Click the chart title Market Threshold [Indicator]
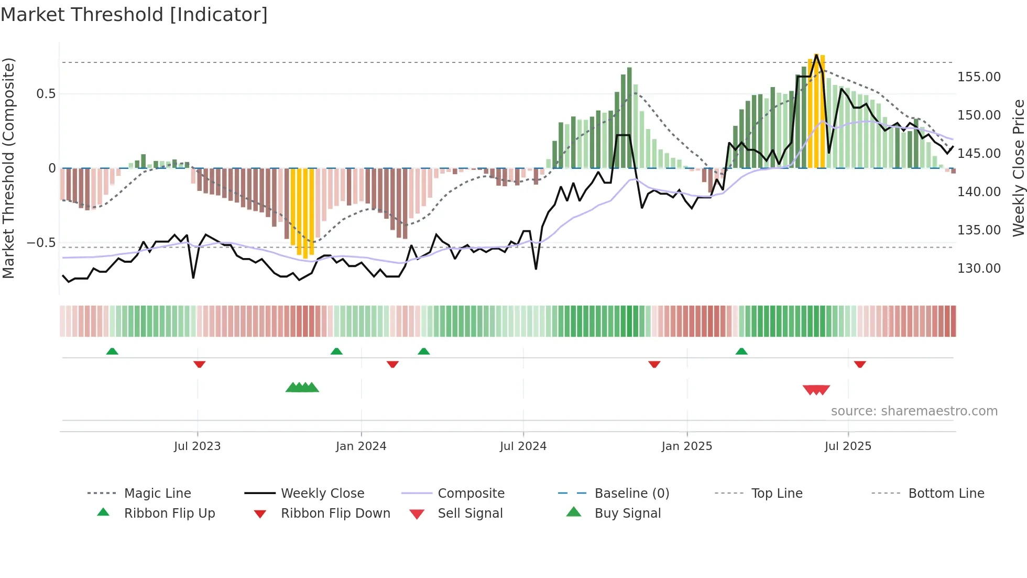click(134, 15)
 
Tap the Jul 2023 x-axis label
click(197, 446)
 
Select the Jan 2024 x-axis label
click(361, 446)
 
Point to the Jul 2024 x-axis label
click(523, 446)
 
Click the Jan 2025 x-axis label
click(686, 446)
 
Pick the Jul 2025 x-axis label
click(848, 446)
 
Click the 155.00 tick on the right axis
click(979, 77)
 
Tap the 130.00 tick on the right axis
click(979, 269)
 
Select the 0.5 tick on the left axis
click(46, 94)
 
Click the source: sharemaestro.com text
click(914, 411)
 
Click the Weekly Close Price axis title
click(1018, 168)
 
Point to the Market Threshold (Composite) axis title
click(8, 168)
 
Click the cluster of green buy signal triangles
click(302, 388)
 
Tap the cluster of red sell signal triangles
click(816, 390)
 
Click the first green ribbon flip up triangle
click(112, 351)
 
